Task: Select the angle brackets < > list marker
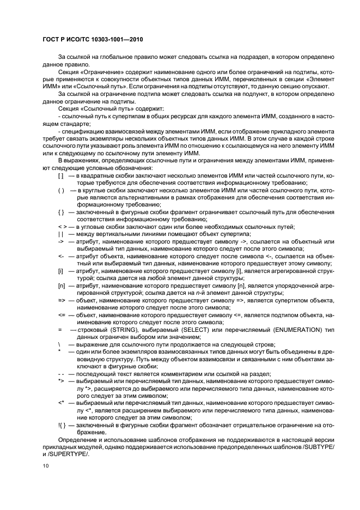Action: pyautogui.click(x=62, y=226)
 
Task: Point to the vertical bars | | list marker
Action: pyautogui.click(x=60, y=234)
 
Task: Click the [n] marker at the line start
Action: pyautogui.click(x=61, y=284)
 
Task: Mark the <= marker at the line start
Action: pyautogui.click(x=61, y=314)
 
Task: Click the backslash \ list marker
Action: pyautogui.click(x=59, y=344)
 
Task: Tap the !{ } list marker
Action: pyautogui.click(x=62, y=423)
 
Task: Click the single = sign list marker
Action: pyautogui.click(x=59, y=330)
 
